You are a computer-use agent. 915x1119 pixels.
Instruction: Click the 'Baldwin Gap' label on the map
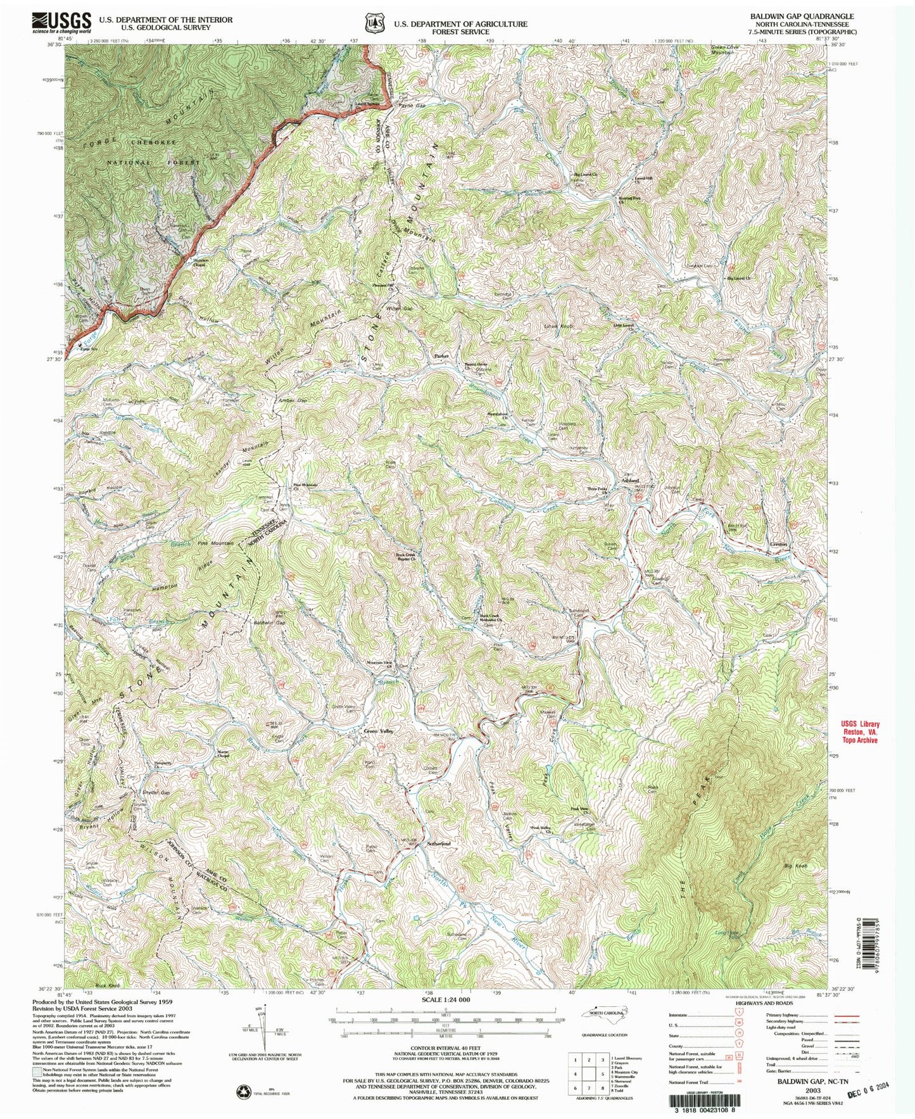pos(267,624)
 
